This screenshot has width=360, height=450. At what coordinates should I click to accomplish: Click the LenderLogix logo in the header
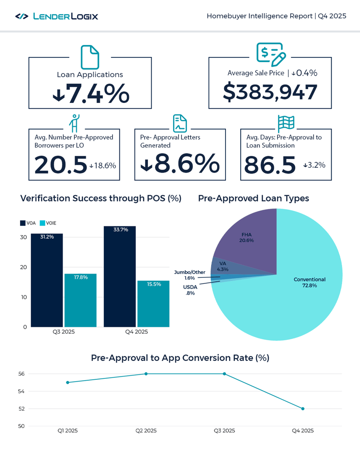point(56,17)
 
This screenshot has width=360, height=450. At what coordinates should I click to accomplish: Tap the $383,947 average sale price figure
point(270,92)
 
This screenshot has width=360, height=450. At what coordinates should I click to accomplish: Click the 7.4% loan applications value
point(91,93)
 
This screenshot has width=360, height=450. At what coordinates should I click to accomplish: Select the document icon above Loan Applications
point(90,57)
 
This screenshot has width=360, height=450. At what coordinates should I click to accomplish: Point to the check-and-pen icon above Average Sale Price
point(271,55)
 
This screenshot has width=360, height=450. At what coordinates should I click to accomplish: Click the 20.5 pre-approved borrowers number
point(61,165)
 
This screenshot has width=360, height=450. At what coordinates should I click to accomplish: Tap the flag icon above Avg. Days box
point(286,123)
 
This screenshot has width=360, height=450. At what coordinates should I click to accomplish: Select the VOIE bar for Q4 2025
point(153,304)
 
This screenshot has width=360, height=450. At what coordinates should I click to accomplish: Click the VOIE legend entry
point(48,223)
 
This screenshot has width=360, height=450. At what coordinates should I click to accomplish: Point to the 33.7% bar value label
point(120,230)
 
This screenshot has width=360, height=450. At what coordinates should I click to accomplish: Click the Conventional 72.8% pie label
point(309,282)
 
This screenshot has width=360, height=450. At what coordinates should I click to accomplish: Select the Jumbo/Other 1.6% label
point(189,275)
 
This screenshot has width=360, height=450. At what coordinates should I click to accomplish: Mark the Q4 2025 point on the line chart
point(303,409)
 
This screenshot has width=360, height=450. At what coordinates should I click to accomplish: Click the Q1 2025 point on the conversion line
point(67,382)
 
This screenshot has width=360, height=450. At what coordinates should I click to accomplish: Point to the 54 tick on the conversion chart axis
point(21,391)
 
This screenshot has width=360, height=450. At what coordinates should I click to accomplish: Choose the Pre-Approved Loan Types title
point(253,198)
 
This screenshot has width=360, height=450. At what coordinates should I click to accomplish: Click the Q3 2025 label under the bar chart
point(63,332)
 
